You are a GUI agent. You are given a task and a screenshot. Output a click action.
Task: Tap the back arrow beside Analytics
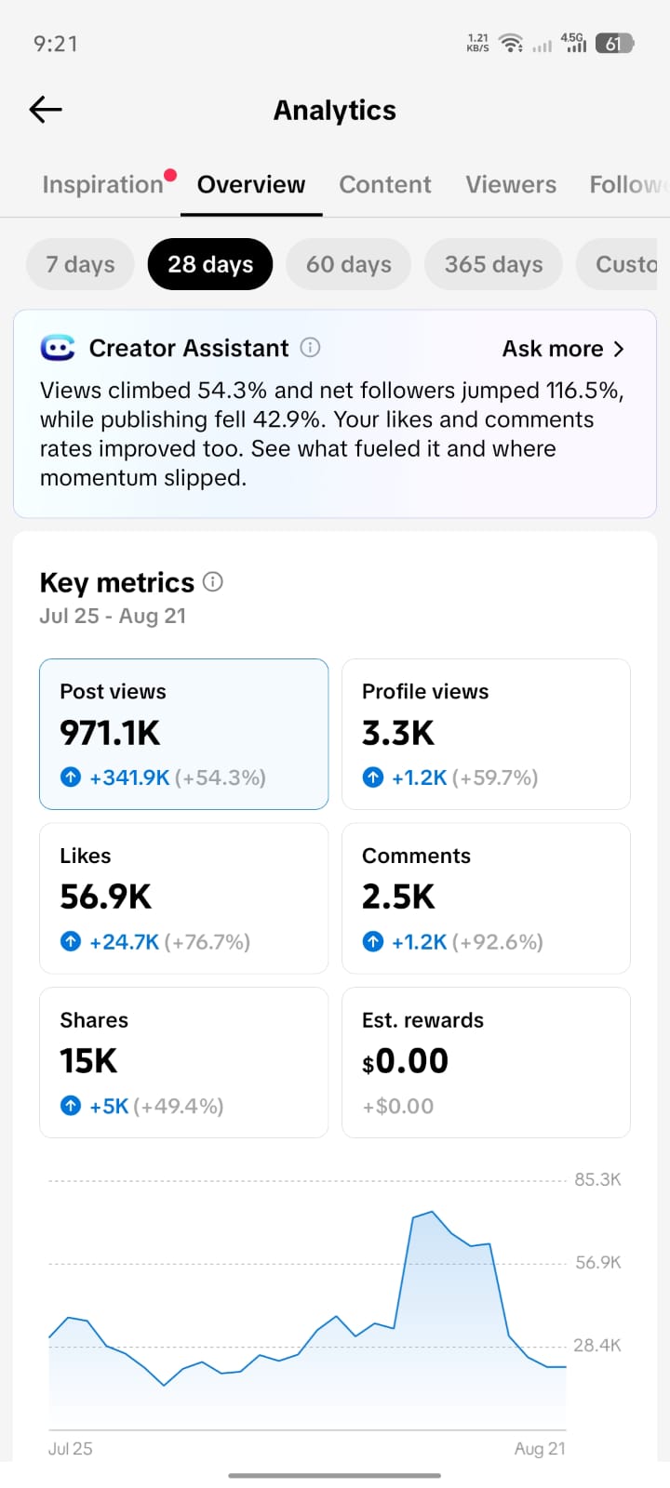[46, 110]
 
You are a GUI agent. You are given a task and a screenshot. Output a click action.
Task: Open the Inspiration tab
[103, 185]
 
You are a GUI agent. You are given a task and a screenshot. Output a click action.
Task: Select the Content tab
[385, 185]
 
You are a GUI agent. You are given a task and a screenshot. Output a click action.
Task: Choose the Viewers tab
[511, 185]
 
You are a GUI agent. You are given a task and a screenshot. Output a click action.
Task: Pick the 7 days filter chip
[80, 264]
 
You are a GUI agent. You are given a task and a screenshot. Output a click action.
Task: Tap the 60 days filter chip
[348, 264]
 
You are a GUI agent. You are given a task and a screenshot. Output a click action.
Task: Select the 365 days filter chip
[493, 264]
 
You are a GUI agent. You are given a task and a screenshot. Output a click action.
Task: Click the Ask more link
[563, 349]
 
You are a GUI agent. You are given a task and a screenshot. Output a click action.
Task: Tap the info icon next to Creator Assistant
[310, 348]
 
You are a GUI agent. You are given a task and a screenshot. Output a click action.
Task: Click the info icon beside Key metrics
[213, 582]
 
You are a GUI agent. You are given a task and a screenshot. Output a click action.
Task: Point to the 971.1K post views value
[110, 734]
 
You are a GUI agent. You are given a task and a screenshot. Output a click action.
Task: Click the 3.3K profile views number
[398, 734]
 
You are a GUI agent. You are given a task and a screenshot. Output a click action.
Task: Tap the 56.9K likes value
[106, 897]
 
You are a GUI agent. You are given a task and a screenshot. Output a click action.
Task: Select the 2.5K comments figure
[398, 897]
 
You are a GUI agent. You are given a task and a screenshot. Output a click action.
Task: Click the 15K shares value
[88, 1061]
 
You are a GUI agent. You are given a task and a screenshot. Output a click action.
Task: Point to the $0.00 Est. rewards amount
[405, 1061]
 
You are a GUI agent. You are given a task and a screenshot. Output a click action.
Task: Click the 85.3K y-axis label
[597, 1180]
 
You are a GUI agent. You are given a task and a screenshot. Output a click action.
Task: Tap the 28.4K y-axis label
[596, 1345]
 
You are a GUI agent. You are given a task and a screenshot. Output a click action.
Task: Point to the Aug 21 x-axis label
[540, 1449]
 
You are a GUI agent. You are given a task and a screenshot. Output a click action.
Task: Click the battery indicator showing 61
[614, 44]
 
